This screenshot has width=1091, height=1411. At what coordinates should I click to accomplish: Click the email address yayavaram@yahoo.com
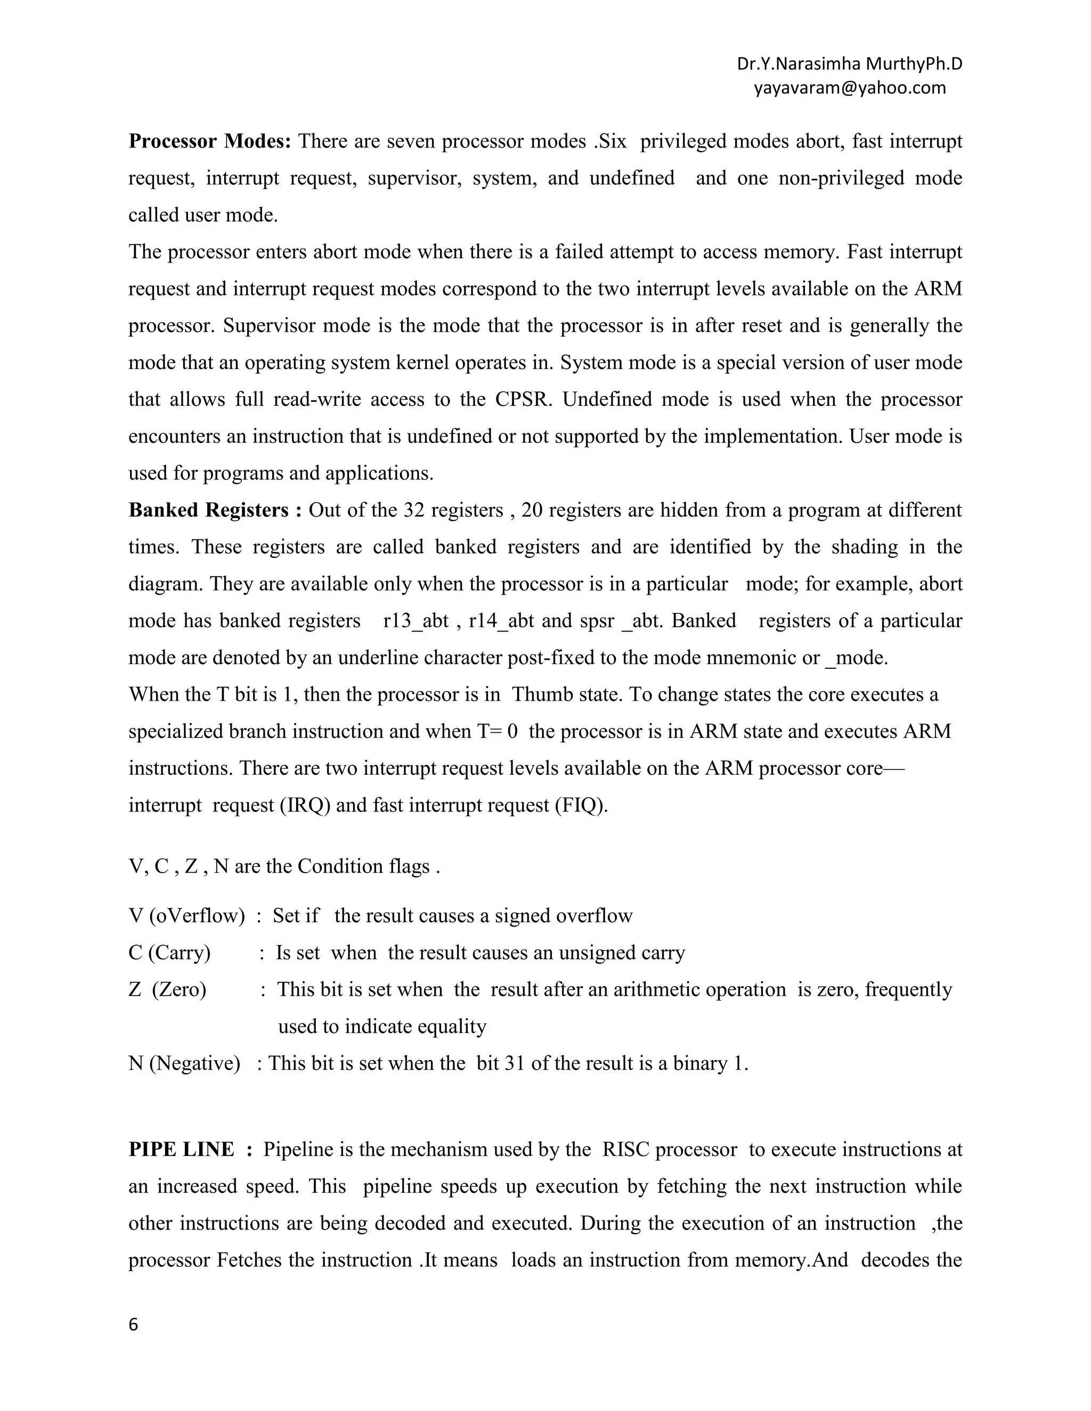849,88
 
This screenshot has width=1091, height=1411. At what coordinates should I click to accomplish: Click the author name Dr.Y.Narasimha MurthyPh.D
849,64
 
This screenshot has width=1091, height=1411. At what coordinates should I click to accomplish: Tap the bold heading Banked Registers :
215,511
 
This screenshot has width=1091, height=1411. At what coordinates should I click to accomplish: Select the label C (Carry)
169,953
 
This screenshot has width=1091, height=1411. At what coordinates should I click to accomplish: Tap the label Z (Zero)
167,989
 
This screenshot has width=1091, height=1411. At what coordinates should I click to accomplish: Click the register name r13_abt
416,621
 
